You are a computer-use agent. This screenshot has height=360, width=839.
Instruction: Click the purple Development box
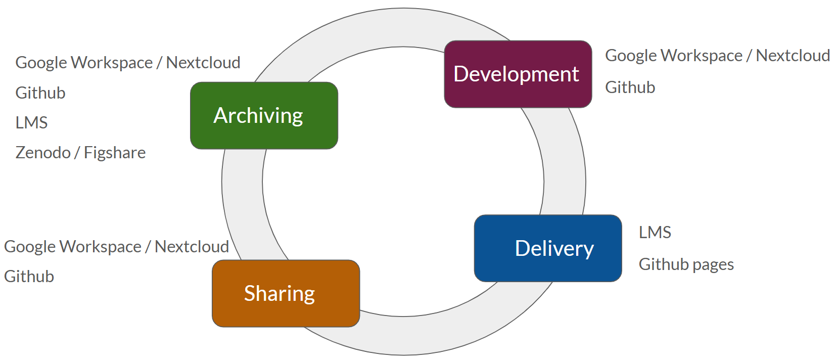(518, 74)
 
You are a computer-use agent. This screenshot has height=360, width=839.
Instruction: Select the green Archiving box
(264, 116)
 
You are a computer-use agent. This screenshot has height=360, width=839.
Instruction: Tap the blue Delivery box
(548, 248)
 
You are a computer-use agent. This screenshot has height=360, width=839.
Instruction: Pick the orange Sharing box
(286, 293)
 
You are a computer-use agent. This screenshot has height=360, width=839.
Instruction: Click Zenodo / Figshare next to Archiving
(80, 153)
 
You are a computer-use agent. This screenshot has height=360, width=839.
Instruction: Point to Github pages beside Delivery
(686, 264)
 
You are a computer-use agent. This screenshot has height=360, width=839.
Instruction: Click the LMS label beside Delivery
(655, 233)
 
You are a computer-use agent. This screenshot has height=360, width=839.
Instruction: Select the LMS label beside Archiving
(31, 123)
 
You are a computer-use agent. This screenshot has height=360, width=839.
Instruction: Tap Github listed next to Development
(630, 87)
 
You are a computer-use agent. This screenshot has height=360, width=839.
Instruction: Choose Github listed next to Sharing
(29, 277)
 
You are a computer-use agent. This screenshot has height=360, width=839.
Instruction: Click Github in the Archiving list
(40, 93)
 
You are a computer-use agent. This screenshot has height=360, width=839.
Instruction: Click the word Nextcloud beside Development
(793, 56)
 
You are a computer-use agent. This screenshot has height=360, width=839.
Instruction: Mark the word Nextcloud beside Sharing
(192, 247)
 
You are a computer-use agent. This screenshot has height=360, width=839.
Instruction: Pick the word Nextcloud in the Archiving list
(203, 63)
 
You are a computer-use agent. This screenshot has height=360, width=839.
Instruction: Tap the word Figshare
(115, 153)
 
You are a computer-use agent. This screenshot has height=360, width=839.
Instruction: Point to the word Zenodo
(43, 153)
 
